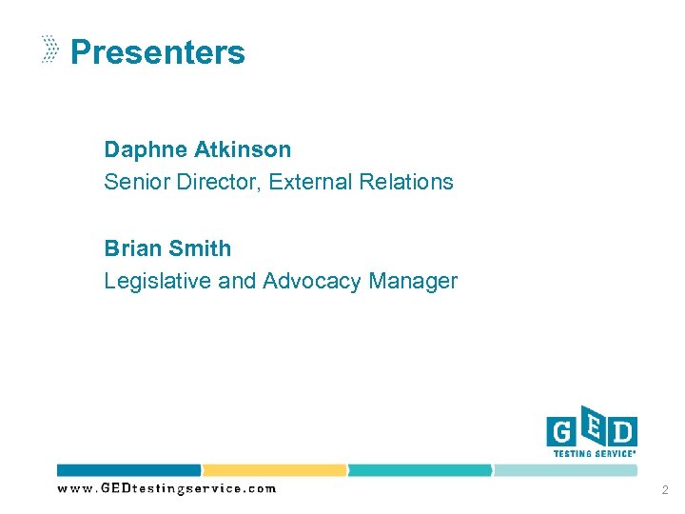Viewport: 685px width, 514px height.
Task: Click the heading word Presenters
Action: (158, 52)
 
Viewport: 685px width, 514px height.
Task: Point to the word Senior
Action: (137, 181)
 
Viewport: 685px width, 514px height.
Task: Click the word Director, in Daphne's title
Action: (220, 181)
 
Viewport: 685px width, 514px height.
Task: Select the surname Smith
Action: (199, 248)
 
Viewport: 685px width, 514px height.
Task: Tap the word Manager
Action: (413, 281)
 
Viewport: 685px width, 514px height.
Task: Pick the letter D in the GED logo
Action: (621, 433)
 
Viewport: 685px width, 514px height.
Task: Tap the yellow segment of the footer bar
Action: (275, 470)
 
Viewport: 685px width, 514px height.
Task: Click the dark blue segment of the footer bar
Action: (129, 470)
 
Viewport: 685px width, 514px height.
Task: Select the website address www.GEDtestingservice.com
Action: (166, 488)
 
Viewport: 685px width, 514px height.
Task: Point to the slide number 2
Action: (663, 489)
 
